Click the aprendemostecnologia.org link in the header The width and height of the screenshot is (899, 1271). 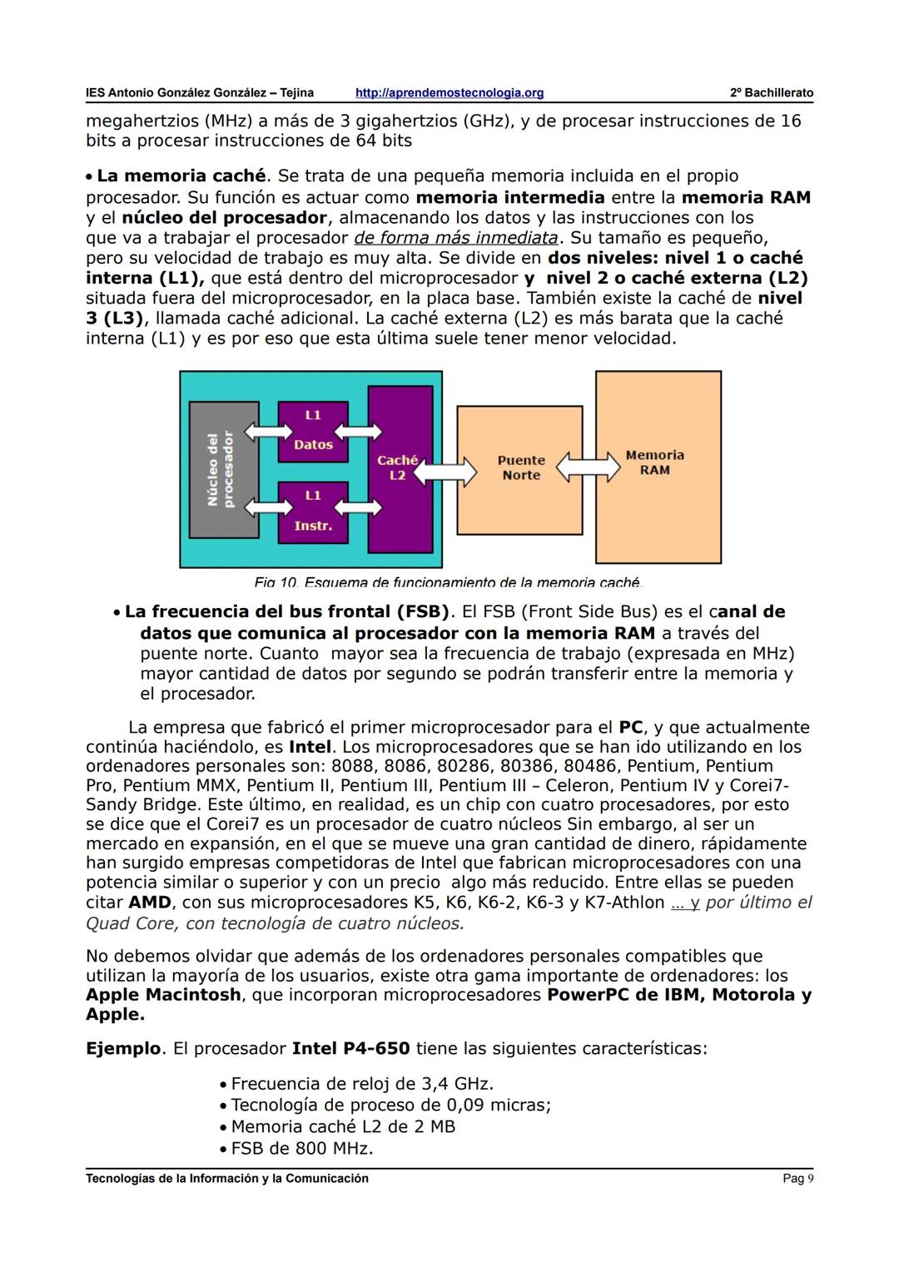449,93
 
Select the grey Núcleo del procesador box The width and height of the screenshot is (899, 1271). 224,469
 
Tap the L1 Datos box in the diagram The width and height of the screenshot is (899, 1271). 313,430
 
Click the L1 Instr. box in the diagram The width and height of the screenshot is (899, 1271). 313,511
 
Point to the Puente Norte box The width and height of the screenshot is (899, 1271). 520,467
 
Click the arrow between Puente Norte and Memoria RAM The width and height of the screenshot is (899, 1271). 589,466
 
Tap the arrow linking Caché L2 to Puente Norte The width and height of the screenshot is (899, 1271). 445,472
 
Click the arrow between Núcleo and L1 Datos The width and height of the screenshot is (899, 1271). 268,431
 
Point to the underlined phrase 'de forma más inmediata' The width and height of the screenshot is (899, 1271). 455,238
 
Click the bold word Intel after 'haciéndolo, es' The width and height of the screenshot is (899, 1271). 310,747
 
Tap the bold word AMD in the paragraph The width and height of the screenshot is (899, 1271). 150,903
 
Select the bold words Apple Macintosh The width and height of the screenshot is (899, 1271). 163,995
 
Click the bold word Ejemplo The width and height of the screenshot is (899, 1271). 124,1048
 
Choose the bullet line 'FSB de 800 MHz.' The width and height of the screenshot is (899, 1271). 301,1149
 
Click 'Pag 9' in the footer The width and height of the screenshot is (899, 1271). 797,1179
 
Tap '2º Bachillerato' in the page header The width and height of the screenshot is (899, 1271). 771,93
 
